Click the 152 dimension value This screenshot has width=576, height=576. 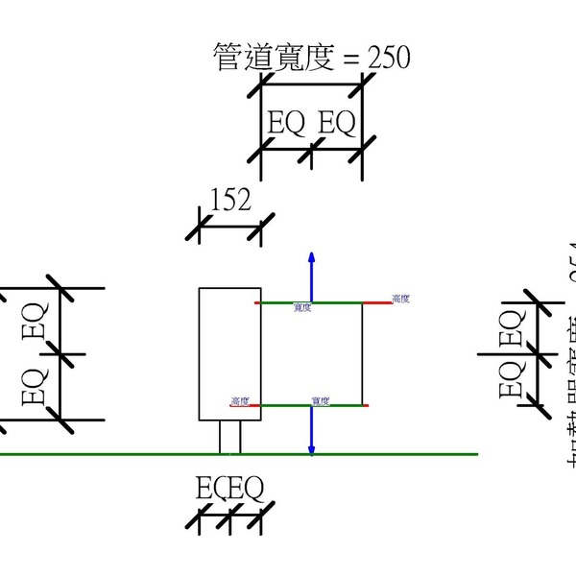[x=230, y=200]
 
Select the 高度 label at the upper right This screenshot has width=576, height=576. [x=401, y=300]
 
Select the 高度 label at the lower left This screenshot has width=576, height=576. [x=240, y=400]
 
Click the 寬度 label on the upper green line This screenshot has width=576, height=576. [x=303, y=308]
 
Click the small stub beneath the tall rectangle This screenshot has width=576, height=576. [x=229, y=437]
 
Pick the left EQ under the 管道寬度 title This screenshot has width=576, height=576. [x=286, y=124]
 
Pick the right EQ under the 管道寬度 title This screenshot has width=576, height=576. [x=336, y=124]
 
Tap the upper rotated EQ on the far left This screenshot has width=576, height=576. [x=35, y=320]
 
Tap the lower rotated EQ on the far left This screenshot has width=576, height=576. [x=35, y=385]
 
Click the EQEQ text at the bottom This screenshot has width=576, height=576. [x=229, y=490]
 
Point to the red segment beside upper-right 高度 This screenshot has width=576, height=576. [x=376, y=302]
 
